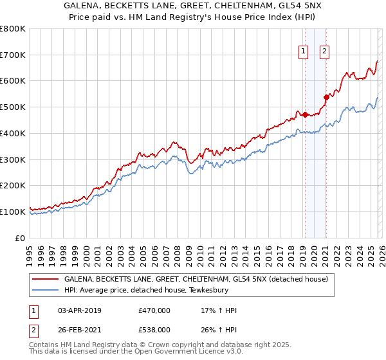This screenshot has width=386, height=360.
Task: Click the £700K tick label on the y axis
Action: coord(13,55)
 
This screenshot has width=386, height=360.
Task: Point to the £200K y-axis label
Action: coord(13,186)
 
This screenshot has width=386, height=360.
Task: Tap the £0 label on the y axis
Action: coord(21,238)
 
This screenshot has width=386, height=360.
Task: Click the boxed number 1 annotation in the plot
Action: coord(303,53)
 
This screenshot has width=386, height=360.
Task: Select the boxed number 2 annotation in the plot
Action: coord(324,53)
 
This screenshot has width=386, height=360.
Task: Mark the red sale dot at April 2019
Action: coord(304,115)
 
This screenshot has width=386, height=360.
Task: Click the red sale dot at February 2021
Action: coord(326,98)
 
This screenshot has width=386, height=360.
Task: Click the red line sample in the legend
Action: coord(46,280)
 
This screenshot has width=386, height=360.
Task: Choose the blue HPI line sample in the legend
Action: coord(46,290)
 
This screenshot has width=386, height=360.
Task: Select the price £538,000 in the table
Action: coord(154,329)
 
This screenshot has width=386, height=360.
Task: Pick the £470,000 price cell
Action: coord(154,310)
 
